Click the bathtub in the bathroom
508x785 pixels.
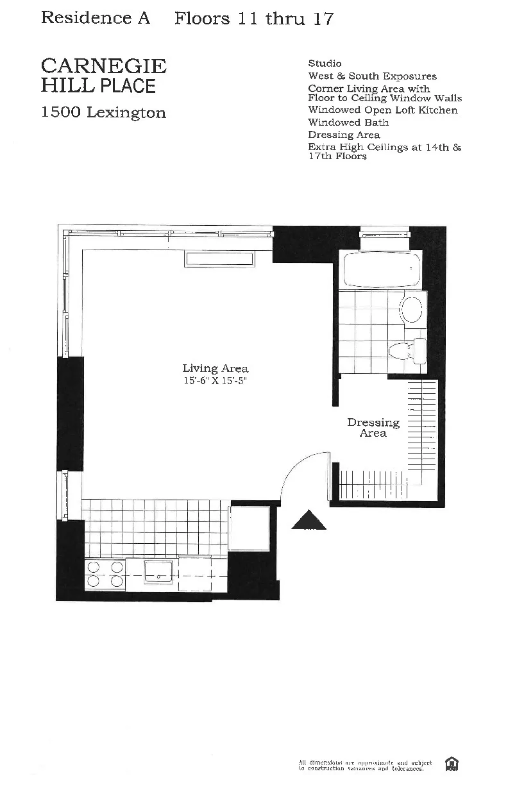pyautogui.click(x=382, y=270)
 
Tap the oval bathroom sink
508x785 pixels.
pyautogui.click(x=412, y=309)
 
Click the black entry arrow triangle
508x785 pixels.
pyautogui.click(x=309, y=520)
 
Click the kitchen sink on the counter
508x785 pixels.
pyautogui.click(x=160, y=570)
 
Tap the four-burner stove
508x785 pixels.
pyautogui.click(x=105, y=574)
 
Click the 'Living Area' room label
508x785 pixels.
pyautogui.click(x=215, y=368)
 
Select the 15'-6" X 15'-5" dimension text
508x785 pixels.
pyautogui.click(x=215, y=381)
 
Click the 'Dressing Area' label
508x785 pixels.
pyautogui.click(x=373, y=428)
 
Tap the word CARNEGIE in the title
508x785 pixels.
pyautogui.click(x=104, y=66)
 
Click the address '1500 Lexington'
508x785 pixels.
pyautogui.click(x=103, y=113)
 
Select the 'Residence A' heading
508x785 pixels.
pyautogui.click(x=96, y=18)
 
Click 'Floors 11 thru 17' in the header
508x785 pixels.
pyautogui.click(x=254, y=19)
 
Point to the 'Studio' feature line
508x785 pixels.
pyautogui.click(x=325, y=63)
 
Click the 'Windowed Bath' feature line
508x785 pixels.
pyautogui.click(x=348, y=122)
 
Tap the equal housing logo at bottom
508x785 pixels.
pyautogui.click(x=452, y=764)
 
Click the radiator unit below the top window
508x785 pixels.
pyautogui.click(x=219, y=258)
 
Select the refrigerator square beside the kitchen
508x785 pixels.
pyautogui.click(x=250, y=528)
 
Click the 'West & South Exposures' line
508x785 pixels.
pyautogui.click(x=372, y=76)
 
